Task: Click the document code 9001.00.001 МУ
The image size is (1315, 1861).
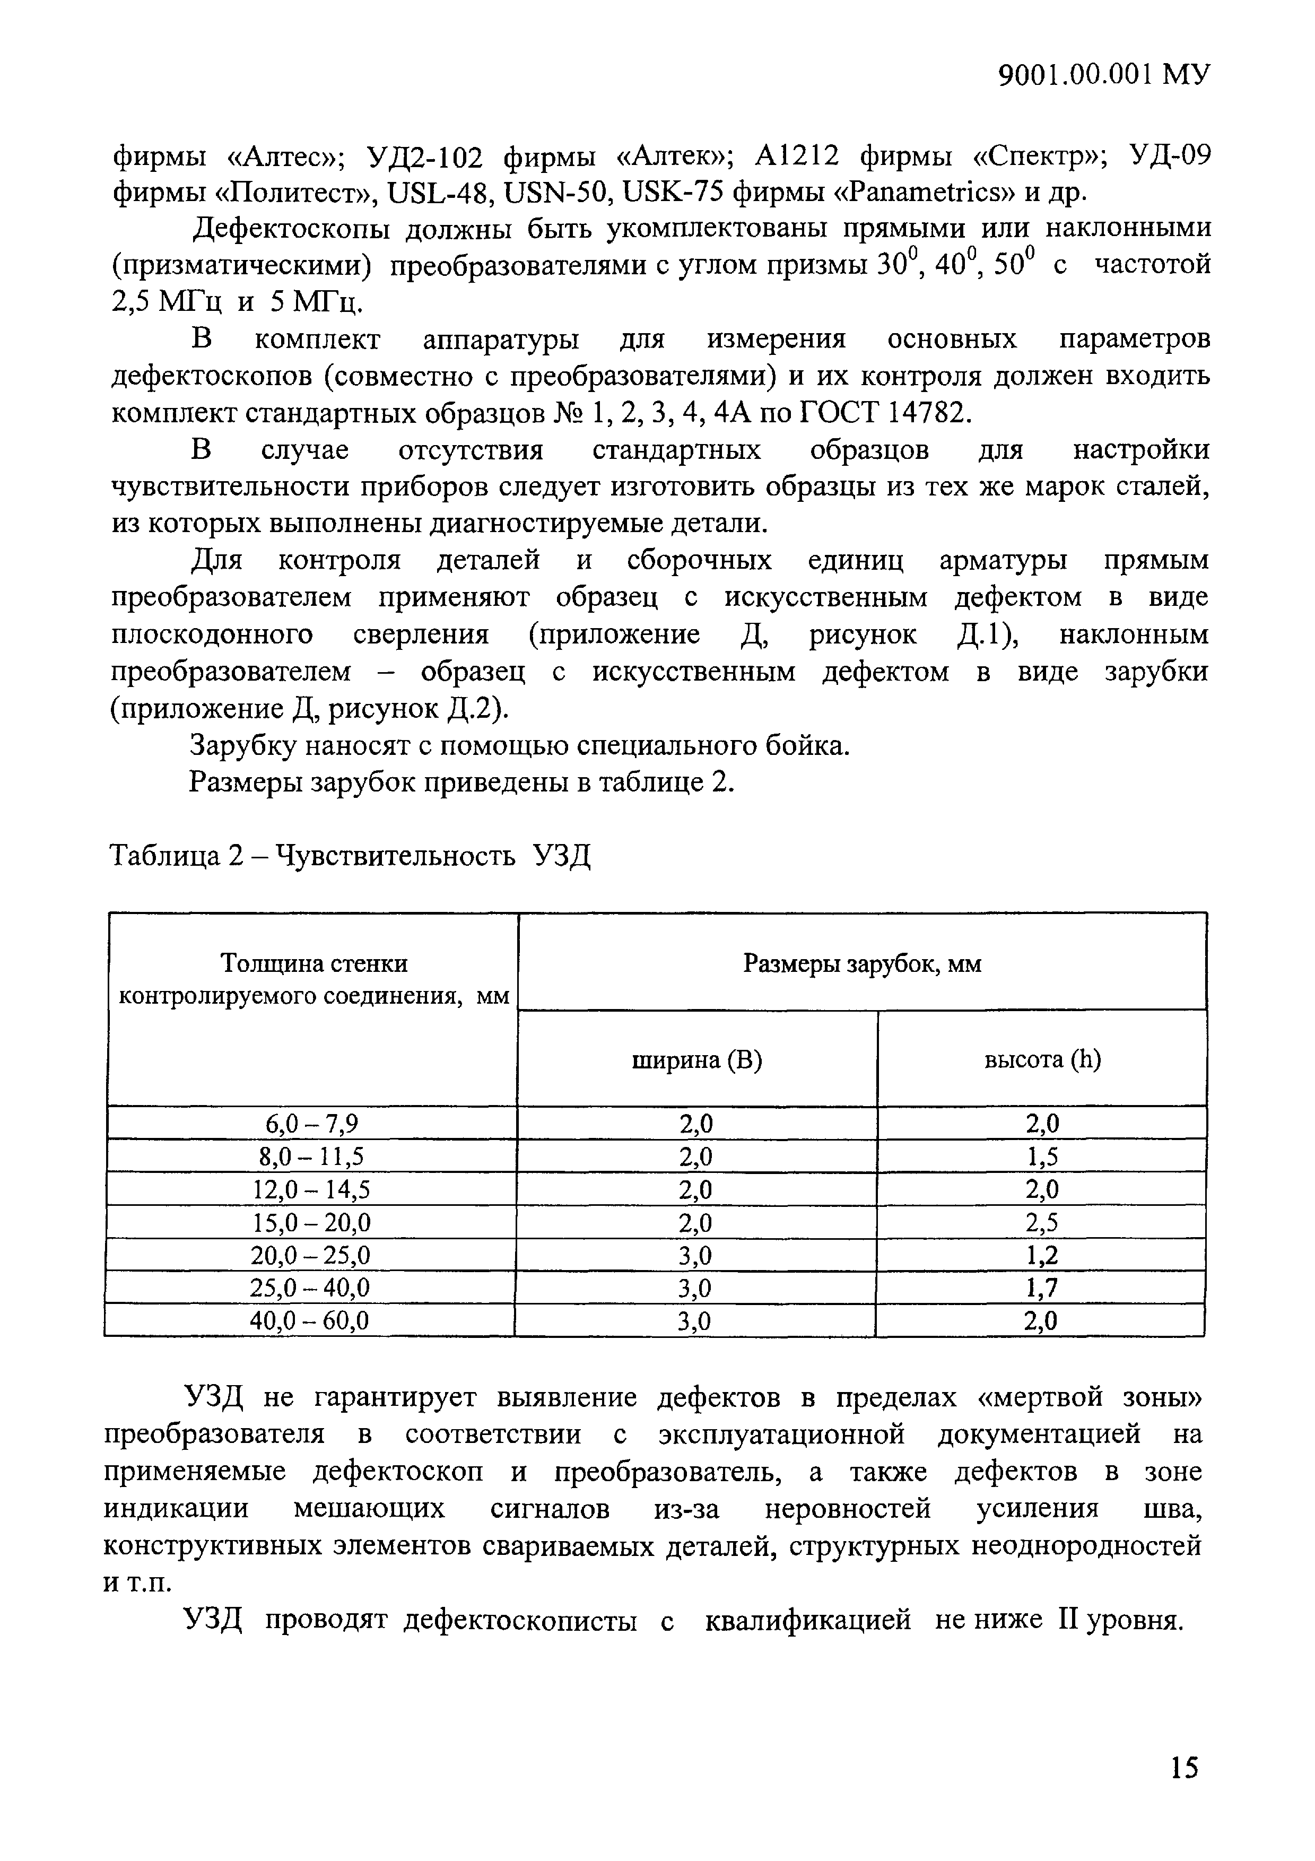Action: (x=1103, y=75)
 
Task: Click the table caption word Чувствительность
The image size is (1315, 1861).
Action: (x=395, y=855)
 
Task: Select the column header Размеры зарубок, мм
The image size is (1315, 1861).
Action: (x=862, y=964)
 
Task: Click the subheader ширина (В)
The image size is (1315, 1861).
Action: (x=697, y=1060)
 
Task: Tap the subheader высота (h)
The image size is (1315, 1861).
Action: (x=1042, y=1060)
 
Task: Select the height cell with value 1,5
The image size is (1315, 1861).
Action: (x=1042, y=1156)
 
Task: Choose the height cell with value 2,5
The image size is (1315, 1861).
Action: (x=1042, y=1222)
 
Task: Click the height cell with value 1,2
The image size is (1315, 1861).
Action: (x=1042, y=1256)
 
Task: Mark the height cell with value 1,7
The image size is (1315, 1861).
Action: (x=1042, y=1288)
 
